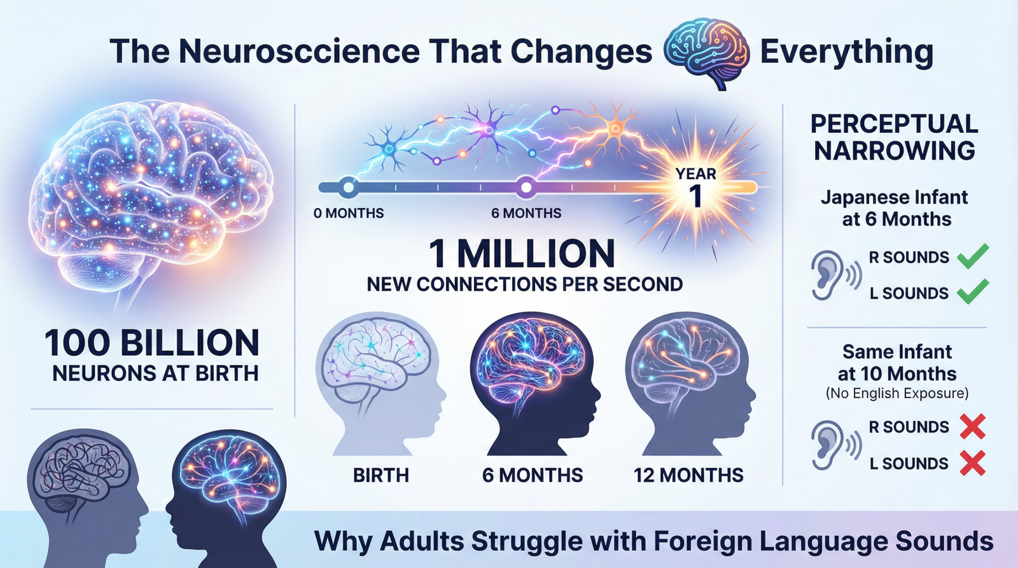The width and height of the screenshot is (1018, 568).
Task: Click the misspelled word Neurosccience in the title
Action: tap(299, 52)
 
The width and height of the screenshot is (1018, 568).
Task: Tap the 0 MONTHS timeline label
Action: tap(349, 214)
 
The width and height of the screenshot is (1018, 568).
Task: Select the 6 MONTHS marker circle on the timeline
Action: tap(526, 188)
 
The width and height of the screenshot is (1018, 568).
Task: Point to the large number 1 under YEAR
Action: tap(696, 197)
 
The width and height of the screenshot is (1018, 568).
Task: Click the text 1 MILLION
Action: tap(522, 254)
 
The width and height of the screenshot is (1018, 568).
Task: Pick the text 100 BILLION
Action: tap(152, 343)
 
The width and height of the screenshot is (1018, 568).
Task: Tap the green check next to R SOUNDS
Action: tap(973, 256)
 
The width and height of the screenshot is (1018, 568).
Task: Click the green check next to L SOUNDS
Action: tap(973, 292)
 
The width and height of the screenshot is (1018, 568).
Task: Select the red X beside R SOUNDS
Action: tap(972, 427)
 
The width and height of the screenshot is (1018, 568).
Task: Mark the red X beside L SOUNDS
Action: tap(972, 463)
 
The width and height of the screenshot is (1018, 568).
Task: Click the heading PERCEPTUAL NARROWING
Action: tap(894, 137)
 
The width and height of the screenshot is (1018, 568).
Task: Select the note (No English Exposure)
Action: tap(897, 394)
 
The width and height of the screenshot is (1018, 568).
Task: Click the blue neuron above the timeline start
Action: tap(389, 149)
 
